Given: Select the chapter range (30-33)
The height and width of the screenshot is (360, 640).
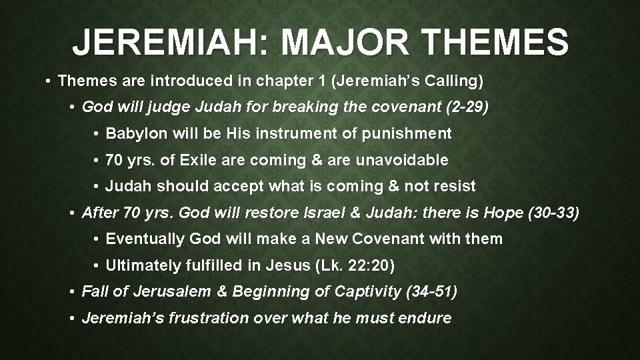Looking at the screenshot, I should tap(555, 213).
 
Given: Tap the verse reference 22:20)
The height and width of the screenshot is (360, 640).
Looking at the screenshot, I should tap(368, 265).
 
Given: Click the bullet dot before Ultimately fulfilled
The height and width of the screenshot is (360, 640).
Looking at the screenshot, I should tap(97, 266).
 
